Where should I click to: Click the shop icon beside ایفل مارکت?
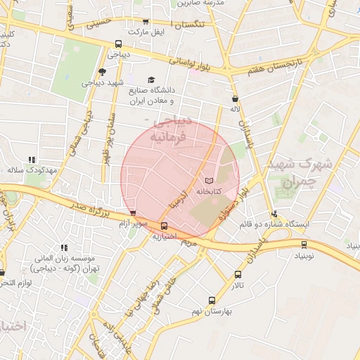click(x=146, y=22)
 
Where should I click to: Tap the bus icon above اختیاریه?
click(x=165, y=226)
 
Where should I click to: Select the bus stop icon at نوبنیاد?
click(x=304, y=245)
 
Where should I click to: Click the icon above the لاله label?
click(x=234, y=98)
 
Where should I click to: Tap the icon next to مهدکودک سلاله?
click(x=31, y=160)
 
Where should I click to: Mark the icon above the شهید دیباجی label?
click(x=103, y=71)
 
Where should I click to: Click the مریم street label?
click(x=187, y=241)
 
